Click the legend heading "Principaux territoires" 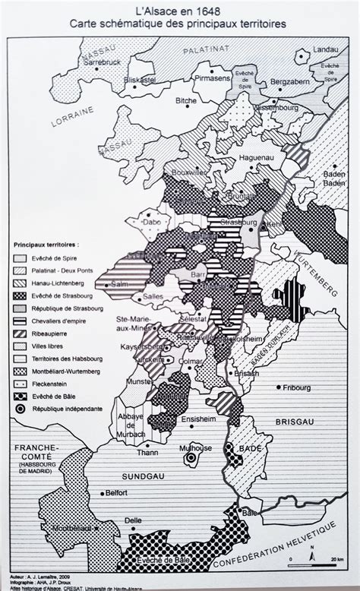(49, 245)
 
